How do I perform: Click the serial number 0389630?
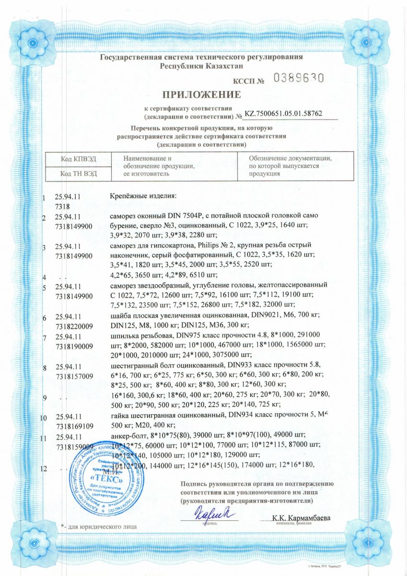coord(298,78)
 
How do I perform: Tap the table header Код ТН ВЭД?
coord(78,173)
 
